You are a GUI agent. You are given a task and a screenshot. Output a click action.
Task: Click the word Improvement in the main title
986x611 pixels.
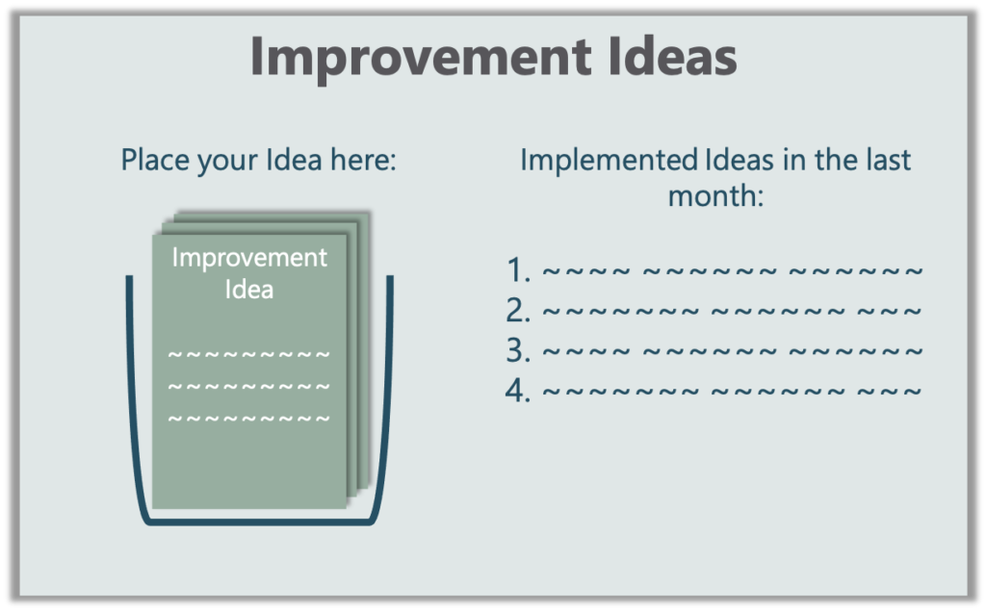point(421,58)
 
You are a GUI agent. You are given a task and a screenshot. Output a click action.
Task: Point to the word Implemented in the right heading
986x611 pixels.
point(609,161)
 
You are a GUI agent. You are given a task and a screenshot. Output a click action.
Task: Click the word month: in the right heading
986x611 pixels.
point(715,195)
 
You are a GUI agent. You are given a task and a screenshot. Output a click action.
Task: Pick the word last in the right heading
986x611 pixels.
point(889,160)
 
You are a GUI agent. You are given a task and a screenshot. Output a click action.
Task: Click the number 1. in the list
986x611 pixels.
point(518,270)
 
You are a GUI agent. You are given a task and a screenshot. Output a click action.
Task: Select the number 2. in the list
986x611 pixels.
point(518,311)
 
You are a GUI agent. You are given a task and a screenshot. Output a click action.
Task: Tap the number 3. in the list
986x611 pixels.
point(518,351)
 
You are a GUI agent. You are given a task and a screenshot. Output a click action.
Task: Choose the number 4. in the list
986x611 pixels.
point(518,391)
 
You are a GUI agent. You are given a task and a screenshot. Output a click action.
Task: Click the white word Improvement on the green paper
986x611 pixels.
point(249,259)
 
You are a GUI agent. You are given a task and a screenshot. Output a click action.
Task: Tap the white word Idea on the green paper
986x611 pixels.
point(249,290)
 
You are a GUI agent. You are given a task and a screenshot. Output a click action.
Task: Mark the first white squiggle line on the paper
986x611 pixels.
point(249,354)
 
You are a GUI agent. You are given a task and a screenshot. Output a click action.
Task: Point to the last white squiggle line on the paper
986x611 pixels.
point(249,419)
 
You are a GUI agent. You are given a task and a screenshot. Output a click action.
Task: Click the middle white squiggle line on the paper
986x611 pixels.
point(249,387)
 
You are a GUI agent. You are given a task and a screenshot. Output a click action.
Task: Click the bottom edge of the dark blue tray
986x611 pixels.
point(260,522)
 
